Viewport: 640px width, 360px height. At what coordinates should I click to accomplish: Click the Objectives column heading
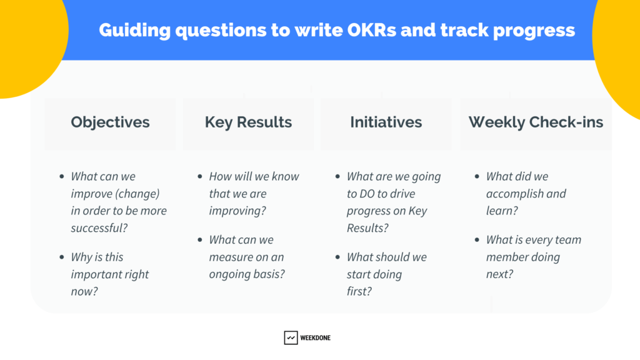click(110, 122)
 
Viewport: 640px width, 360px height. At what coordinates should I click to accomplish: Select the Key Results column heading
click(248, 122)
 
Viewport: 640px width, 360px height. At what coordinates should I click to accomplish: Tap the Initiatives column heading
click(386, 122)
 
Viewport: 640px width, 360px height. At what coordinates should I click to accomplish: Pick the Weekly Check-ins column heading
click(536, 122)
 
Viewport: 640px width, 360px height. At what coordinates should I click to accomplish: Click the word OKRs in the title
click(371, 30)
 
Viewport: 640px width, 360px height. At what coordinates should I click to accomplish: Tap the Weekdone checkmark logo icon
click(291, 337)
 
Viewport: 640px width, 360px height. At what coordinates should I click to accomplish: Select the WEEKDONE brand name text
click(315, 337)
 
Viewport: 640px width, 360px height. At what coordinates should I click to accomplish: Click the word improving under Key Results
click(237, 211)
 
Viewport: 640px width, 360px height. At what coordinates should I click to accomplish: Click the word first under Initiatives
click(359, 291)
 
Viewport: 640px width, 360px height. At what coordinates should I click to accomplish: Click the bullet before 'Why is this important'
click(62, 257)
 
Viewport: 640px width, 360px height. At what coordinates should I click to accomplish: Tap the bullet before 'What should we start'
click(337, 257)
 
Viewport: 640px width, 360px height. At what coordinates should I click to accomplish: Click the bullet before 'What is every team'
click(477, 240)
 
